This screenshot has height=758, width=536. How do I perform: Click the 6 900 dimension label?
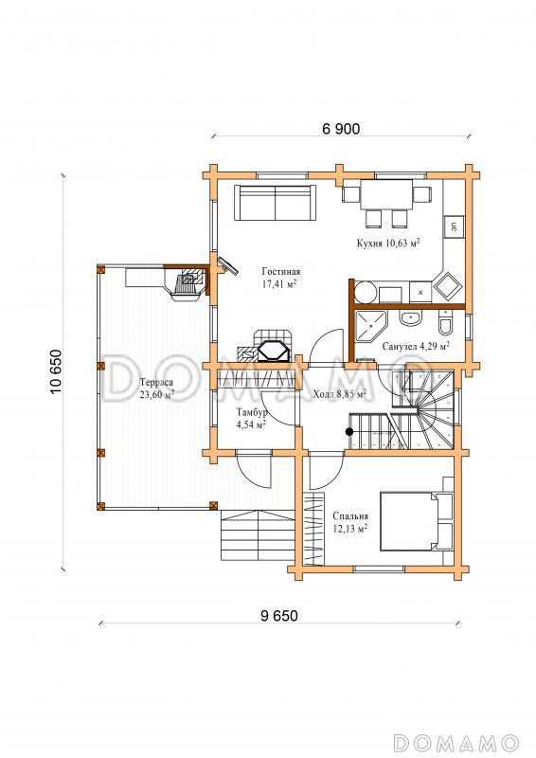(341, 129)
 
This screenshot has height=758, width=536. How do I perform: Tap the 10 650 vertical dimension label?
(57, 371)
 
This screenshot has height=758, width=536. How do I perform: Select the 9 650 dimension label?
(279, 615)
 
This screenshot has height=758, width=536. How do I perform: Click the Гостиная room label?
(281, 271)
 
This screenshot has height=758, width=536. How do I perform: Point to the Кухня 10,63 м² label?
(387, 243)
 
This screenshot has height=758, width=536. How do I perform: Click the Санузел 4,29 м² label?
(416, 346)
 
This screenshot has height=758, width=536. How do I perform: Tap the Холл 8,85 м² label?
(339, 394)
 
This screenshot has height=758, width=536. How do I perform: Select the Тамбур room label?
(251, 413)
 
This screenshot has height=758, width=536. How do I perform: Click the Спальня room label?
(350, 516)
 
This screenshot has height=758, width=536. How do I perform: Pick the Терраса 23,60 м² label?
(156, 388)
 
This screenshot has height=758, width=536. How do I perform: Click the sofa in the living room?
(275, 203)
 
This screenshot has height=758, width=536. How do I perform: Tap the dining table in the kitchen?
(386, 195)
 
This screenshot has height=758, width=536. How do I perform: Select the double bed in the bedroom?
(416, 521)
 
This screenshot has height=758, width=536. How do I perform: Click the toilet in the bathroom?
(445, 323)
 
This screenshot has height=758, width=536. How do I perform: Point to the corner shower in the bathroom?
(371, 327)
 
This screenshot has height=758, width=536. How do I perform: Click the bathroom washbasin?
(411, 319)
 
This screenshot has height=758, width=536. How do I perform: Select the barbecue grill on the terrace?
(188, 283)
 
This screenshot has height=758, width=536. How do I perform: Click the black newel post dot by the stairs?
(348, 432)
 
